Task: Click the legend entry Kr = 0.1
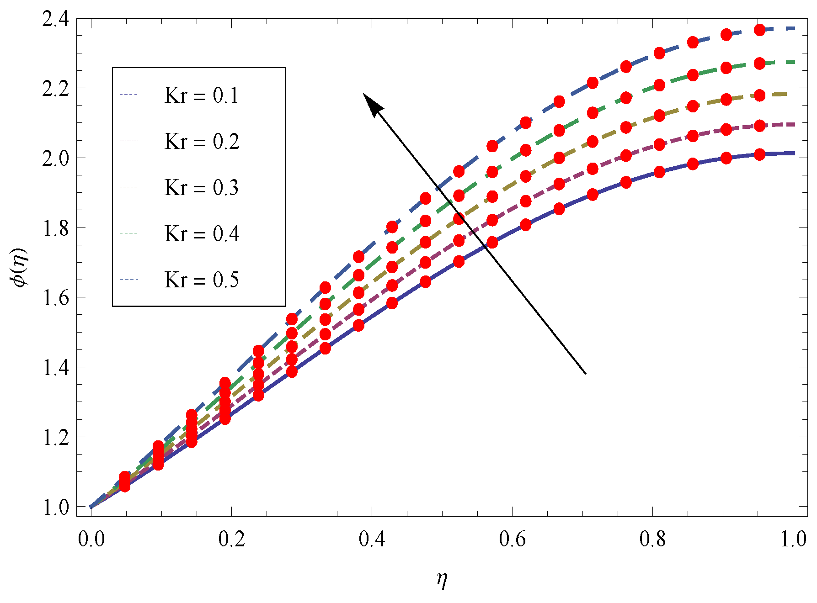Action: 201,95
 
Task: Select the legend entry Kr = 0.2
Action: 202,142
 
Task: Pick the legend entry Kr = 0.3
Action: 201,188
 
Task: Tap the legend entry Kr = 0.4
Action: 202,234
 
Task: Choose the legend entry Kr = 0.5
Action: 201,280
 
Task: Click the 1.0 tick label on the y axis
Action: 55,508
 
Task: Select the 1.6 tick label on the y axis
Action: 55,298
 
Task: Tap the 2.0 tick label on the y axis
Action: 55,159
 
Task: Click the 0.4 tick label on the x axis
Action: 372,540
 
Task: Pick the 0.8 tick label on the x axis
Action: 652,540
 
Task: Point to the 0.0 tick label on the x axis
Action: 91,540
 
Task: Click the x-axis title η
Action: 442,580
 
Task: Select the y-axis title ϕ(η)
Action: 21,268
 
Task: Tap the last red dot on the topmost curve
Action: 759,30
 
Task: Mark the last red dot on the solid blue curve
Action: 759,154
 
